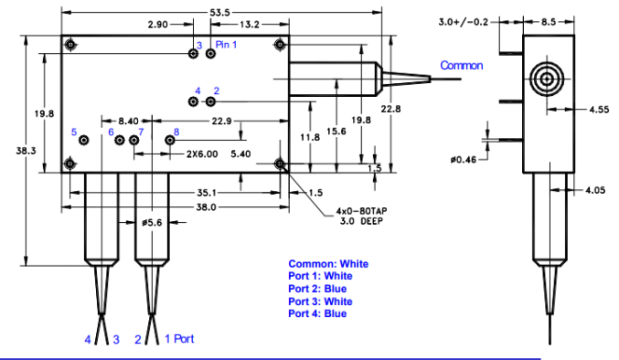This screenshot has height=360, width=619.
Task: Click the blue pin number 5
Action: pos(74,132)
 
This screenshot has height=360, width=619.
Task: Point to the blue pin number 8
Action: pos(176,133)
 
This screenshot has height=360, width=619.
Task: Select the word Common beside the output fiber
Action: pos(463,66)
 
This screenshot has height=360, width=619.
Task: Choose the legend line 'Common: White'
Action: pos(326,264)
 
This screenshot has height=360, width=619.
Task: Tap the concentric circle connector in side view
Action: pos(547,79)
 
